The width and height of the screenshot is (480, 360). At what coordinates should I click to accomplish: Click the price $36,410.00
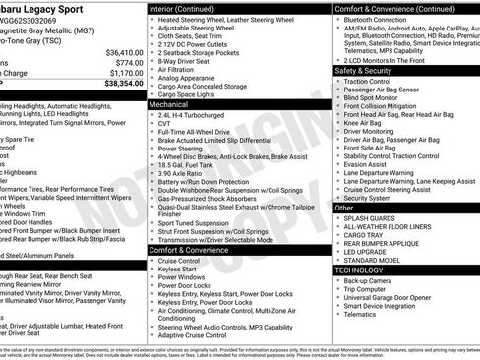[x=119, y=52]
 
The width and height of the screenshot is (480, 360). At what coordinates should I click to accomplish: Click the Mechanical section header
[x=171, y=102]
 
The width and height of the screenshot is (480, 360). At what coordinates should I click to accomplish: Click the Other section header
[x=344, y=208]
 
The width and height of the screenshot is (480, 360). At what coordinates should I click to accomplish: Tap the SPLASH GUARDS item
[x=371, y=217]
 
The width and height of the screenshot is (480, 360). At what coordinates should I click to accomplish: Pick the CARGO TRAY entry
[x=364, y=235]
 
